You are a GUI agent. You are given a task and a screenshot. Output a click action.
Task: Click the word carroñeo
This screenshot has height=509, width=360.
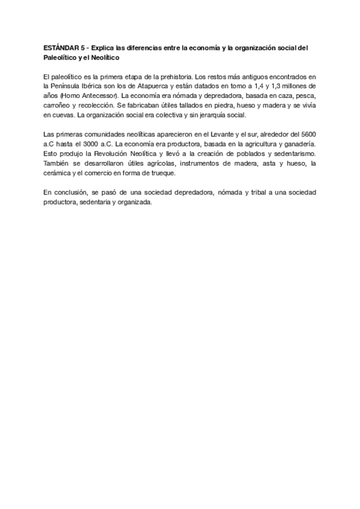[x=58, y=105]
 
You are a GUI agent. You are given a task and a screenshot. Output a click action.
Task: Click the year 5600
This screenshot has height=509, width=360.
[x=306, y=134]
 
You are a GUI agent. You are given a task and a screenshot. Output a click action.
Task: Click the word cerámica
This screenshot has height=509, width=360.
[x=57, y=173]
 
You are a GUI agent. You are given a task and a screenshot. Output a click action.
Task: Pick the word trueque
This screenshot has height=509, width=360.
[x=162, y=173]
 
